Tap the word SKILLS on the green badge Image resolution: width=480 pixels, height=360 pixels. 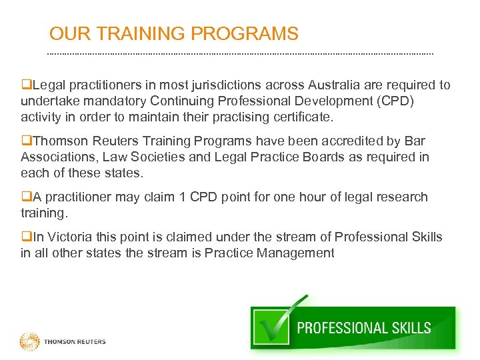tap(407, 328)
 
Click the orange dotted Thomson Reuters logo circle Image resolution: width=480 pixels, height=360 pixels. tap(30, 342)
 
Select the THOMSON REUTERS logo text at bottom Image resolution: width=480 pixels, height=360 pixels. tap(75, 342)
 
